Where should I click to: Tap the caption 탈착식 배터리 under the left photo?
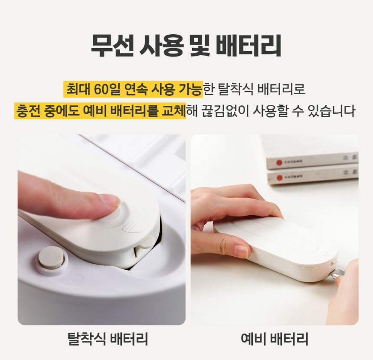tap(108, 339)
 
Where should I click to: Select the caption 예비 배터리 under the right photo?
tap(275, 339)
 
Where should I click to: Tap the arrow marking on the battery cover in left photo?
tap(132, 226)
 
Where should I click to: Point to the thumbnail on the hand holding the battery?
tap(241, 250)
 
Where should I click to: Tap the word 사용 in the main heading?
tap(161, 45)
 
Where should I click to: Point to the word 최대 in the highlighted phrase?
tap(78, 90)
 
